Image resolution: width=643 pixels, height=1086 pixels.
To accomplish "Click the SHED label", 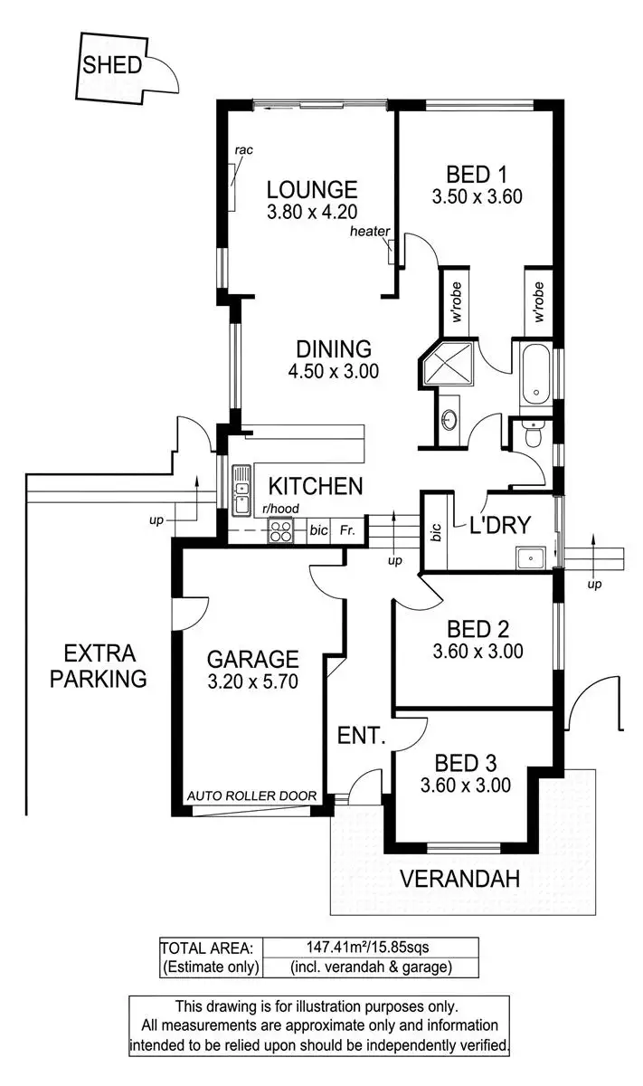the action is pyautogui.click(x=112, y=65).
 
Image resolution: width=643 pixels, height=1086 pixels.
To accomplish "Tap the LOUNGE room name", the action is pyautogui.click(x=312, y=190).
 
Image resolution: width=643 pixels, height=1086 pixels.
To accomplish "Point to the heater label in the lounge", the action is pyautogui.click(x=370, y=232).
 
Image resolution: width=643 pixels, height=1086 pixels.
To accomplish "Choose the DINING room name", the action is pyautogui.click(x=334, y=348).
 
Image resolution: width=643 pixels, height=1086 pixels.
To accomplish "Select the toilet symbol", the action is pyautogui.click(x=534, y=436).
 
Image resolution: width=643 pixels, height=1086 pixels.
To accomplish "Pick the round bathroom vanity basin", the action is pyautogui.click(x=449, y=421).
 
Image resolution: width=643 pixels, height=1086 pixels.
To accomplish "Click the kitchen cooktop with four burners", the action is pyautogui.click(x=280, y=532).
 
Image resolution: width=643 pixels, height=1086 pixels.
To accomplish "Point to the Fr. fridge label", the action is pyautogui.click(x=346, y=531).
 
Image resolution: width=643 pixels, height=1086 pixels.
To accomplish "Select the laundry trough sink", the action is pyautogui.click(x=529, y=557).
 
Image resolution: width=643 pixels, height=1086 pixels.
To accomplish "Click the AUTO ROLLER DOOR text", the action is pyautogui.click(x=251, y=796).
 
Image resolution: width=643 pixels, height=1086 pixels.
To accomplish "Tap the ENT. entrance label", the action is pyautogui.click(x=362, y=735).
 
